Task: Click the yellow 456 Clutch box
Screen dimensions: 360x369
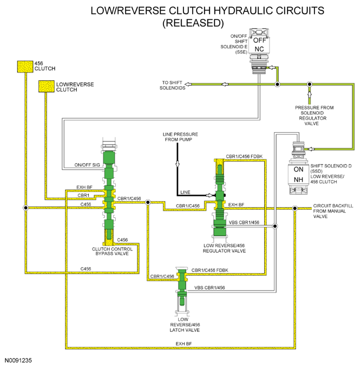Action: coord(25,67)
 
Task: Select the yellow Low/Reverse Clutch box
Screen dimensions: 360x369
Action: coord(47,86)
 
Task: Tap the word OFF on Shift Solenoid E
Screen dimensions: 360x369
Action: coord(259,40)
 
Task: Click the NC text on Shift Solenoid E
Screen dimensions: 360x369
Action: coord(259,49)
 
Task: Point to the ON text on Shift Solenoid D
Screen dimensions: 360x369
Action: coord(298,170)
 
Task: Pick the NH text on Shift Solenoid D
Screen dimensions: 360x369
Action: coord(298,179)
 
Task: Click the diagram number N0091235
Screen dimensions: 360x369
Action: coord(18,360)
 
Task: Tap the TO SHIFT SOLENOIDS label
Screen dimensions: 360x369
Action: coord(172,85)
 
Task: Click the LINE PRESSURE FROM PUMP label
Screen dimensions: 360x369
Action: coord(180,137)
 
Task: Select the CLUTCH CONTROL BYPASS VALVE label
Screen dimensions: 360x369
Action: coord(112,251)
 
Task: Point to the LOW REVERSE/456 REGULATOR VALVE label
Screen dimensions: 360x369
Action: coord(224,248)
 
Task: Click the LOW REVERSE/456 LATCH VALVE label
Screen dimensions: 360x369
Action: coord(185,325)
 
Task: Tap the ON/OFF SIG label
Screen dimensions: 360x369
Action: coord(87,165)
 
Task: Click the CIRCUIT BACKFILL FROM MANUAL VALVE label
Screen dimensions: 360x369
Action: coord(333,211)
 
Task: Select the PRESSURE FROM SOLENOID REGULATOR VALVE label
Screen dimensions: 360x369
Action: coord(314,115)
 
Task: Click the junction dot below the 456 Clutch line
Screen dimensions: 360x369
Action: coord(25,208)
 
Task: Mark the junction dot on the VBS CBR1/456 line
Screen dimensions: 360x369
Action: coord(274,226)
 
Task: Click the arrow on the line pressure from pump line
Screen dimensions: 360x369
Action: coord(178,164)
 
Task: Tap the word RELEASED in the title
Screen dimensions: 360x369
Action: coord(193,23)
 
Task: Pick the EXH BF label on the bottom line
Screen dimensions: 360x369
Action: coord(184,344)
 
